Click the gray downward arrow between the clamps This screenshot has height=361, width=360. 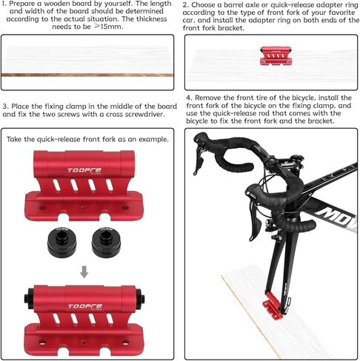pos(84,271)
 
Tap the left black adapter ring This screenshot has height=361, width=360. pos(61,242)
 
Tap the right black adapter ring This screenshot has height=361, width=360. pos(106,242)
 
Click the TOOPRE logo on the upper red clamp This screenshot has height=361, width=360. pos(84,170)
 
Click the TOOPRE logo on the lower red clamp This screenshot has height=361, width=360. pos(85,306)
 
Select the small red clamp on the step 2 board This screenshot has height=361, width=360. pos(276,56)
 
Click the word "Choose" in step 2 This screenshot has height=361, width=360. pos(204,5)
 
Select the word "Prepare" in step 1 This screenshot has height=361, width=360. pos(22,4)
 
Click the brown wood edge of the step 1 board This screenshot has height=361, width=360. pos(87,75)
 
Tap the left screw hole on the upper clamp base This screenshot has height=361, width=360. pos(43,208)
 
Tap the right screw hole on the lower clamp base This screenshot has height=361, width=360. pos(125,343)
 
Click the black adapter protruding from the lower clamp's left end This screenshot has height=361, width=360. pos(29,298)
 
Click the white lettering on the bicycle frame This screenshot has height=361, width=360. pos(339,217)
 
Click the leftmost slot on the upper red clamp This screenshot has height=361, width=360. pos(56,185)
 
